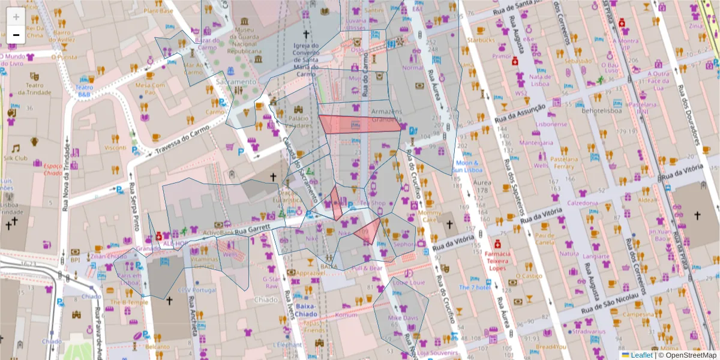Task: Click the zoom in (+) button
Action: [16, 16]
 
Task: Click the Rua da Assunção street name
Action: [520, 111]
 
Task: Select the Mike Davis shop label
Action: [403, 317]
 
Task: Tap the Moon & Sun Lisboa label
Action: [467, 166]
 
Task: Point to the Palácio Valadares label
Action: [298, 122]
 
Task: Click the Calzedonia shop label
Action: [583, 203]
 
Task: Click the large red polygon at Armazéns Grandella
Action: [359, 124]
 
